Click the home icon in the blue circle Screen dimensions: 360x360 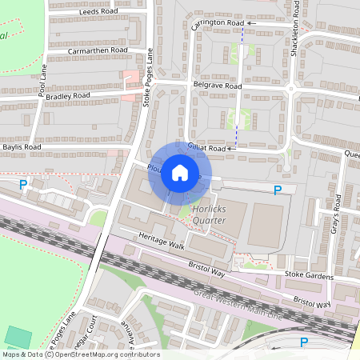coord(180,172)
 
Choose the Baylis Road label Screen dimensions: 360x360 coord(21,147)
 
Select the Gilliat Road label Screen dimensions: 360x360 coord(206,148)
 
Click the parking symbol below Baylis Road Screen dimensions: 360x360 coord(23,186)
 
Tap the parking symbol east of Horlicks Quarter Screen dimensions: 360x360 coord(278,190)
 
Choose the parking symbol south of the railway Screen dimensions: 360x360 coord(303,342)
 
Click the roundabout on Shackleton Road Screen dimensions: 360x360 coord(291,87)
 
